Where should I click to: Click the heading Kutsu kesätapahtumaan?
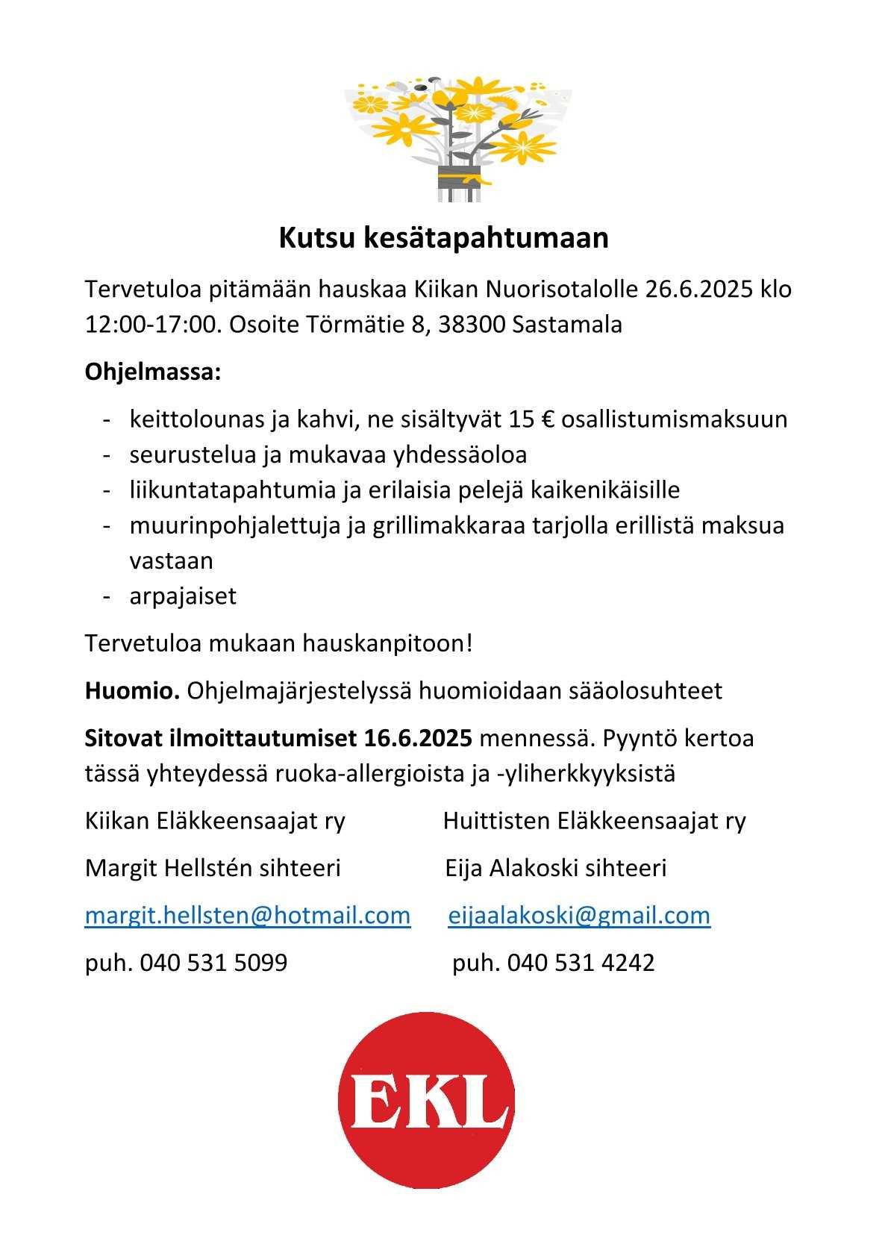pyautogui.click(x=443, y=238)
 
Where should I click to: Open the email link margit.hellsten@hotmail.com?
pyautogui.click(x=248, y=915)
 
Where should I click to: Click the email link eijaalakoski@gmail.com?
pyautogui.click(x=579, y=915)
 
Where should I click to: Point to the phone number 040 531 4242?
pyautogui.click(x=581, y=963)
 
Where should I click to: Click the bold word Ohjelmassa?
pyautogui.click(x=152, y=371)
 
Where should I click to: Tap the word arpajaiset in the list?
pyautogui.click(x=183, y=596)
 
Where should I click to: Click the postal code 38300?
pyautogui.click(x=472, y=325)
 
